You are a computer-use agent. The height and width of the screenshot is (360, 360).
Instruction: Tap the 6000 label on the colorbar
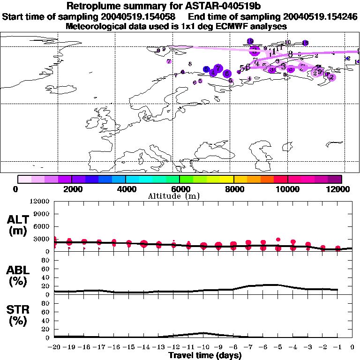[180, 189]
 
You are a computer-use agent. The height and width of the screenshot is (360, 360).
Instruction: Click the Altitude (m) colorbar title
[180, 196]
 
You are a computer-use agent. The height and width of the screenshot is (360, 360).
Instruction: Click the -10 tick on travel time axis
[203, 347]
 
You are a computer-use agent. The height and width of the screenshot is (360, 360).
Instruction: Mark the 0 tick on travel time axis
[352, 347]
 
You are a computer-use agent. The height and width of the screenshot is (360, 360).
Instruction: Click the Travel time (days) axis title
[205, 355]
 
